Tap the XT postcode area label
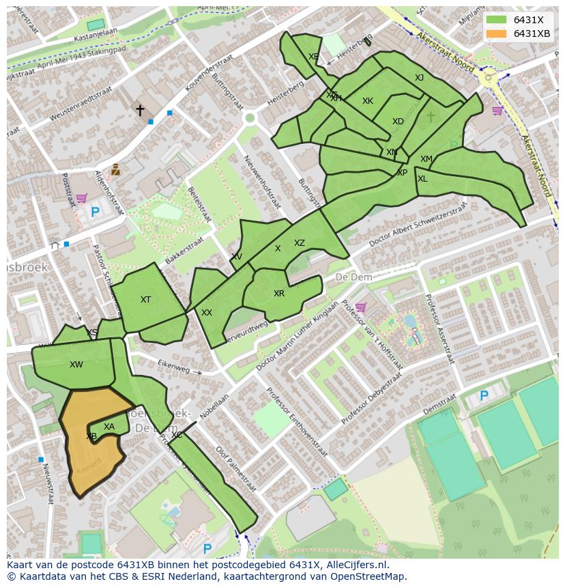coord(145,300)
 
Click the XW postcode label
coord(76,365)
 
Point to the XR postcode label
coord(279,294)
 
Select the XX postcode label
coord(207,313)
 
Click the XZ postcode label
coord(300,243)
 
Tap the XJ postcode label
coord(419,78)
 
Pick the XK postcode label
coord(368,101)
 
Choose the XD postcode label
coord(398,122)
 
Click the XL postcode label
coord(422,179)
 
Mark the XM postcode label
coord(426,159)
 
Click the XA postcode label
coord(109,427)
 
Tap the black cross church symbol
coord(140,110)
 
